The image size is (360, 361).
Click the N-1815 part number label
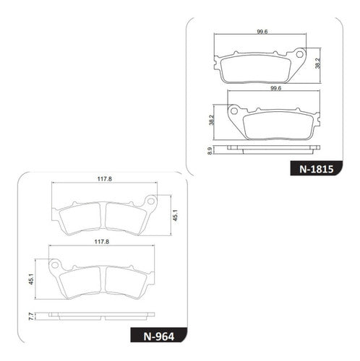tap(316, 169)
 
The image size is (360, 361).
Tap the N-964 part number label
tap(159, 336)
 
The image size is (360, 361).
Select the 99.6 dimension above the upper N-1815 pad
tap(262, 32)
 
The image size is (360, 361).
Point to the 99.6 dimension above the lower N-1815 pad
tap(276, 88)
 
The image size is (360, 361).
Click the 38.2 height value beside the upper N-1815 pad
tap(318, 63)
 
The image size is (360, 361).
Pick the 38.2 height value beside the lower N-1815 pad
tap(212, 120)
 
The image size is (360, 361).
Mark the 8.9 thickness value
tap(210, 151)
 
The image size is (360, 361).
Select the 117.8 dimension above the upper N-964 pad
tap(105, 179)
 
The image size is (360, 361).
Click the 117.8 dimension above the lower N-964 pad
tap(102, 242)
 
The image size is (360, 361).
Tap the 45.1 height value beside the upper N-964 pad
tap(176, 215)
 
